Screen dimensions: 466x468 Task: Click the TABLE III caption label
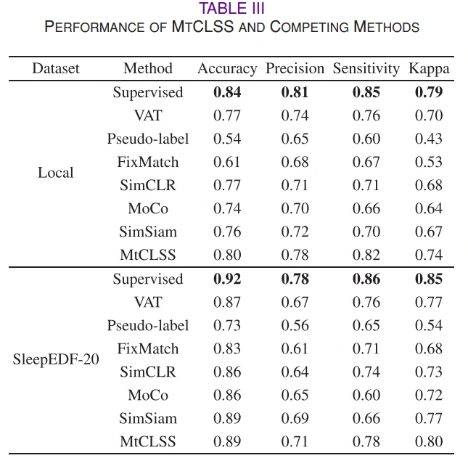pyautogui.click(x=232, y=9)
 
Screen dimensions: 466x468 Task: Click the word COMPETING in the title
pyautogui.click(x=310, y=27)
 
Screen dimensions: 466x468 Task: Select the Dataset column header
pyautogui.click(x=56, y=69)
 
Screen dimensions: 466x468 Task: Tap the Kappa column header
pyautogui.click(x=429, y=69)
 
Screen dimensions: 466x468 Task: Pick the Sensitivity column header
pyautogui.click(x=366, y=69)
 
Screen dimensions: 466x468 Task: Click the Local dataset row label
pyautogui.click(x=56, y=173)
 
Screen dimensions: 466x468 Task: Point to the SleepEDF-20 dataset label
pyautogui.click(x=56, y=359)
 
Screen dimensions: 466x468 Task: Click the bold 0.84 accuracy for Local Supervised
pyautogui.click(x=227, y=92)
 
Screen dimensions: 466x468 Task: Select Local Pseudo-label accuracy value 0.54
pyautogui.click(x=227, y=139)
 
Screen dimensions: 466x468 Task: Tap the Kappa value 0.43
pyautogui.click(x=429, y=139)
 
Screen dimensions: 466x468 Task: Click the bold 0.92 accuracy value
pyautogui.click(x=227, y=279)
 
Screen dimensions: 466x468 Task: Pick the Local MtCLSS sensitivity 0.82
pyautogui.click(x=366, y=255)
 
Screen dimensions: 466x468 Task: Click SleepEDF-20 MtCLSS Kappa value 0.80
pyautogui.click(x=429, y=441)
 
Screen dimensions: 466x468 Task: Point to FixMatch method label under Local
pyautogui.click(x=148, y=162)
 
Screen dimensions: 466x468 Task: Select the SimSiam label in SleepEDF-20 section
pyautogui.click(x=148, y=418)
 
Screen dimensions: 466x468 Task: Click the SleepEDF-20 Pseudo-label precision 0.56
pyautogui.click(x=295, y=325)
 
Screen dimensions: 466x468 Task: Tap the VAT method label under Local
pyautogui.click(x=148, y=115)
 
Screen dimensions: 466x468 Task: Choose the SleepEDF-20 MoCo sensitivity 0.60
pyautogui.click(x=366, y=395)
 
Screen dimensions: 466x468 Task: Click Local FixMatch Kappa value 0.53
pyautogui.click(x=429, y=162)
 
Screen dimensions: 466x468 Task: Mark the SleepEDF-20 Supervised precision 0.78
pyautogui.click(x=295, y=279)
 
